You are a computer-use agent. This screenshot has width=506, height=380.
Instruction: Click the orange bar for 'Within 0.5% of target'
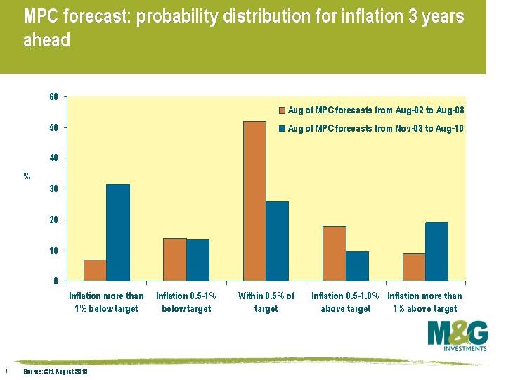(x=254, y=201)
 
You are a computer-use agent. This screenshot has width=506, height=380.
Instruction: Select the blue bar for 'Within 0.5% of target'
(x=277, y=241)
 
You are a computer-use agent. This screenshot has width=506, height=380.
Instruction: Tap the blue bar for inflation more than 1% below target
(x=117, y=232)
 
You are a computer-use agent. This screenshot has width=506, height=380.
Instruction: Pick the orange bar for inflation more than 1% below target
(x=95, y=270)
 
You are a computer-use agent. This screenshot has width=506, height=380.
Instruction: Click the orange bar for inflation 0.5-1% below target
(x=175, y=260)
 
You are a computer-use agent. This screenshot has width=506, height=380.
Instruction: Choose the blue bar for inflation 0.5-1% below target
(x=197, y=260)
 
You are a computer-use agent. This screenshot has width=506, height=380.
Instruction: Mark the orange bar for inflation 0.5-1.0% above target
(x=334, y=253)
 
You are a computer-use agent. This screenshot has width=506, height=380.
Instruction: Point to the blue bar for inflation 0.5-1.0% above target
(x=356, y=266)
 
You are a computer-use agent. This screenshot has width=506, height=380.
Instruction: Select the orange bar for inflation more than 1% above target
(x=414, y=267)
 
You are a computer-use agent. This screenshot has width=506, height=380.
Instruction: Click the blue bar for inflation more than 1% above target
(x=436, y=252)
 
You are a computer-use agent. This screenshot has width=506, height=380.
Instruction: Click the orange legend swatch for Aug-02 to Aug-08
(x=283, y=110)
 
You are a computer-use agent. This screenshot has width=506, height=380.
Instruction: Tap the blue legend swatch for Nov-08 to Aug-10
(x=283, y=128)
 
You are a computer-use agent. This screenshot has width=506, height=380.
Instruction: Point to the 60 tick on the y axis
(x=53, y=97)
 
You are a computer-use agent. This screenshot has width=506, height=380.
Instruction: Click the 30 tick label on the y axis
(x=53, y=189)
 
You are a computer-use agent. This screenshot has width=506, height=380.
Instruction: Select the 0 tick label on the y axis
(x=56, y=281)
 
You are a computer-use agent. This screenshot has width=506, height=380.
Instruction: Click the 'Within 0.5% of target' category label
(x=266, y=303)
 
